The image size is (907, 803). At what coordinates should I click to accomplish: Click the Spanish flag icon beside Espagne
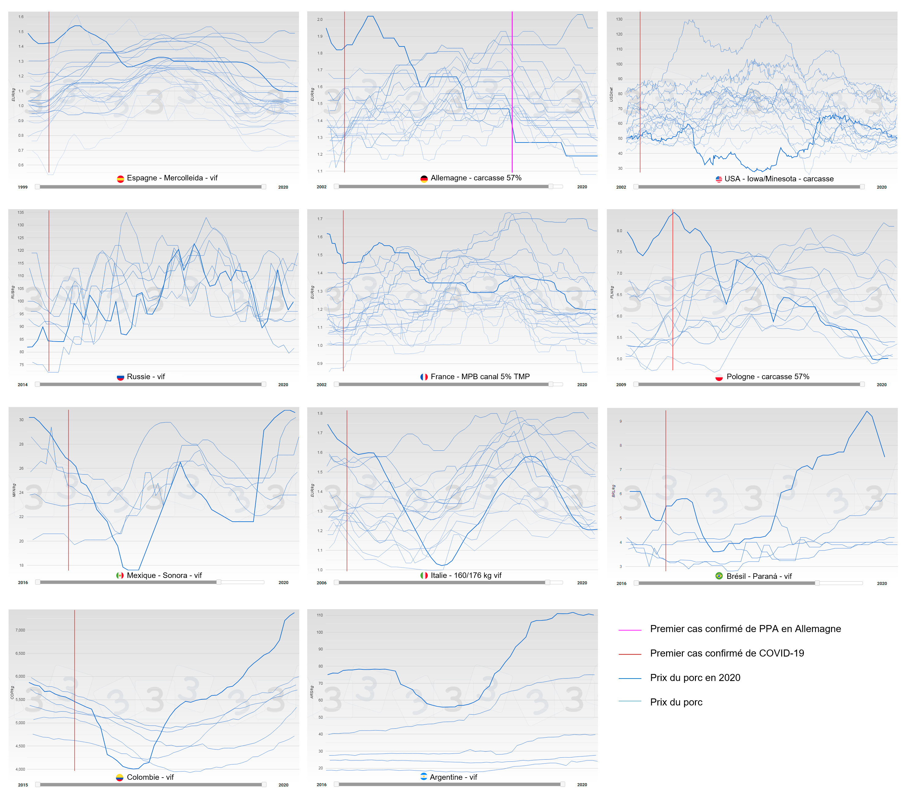click(x=120, y=179)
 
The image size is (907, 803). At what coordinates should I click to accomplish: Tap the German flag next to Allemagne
click(x=424, y=179)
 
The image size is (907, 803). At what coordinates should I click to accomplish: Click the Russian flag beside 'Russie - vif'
click(x=120, y=377)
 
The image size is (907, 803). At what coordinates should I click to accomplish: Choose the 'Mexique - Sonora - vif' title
click(x=164, y=575)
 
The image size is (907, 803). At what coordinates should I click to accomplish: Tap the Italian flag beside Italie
click(x=424, y=575)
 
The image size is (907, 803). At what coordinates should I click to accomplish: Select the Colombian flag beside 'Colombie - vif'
click(x=119, y=777)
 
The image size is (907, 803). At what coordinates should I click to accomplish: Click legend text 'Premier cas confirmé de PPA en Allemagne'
click(x=745, y=629)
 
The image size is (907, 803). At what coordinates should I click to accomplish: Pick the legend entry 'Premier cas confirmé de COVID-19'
click(x=727, y=653)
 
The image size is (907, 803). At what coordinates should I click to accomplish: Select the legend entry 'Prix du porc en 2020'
click(x=695, y=678)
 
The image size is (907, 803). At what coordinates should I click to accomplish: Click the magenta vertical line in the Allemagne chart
click(x=512, y=89)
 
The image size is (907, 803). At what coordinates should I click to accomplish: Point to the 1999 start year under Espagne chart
click(x=23, y=187)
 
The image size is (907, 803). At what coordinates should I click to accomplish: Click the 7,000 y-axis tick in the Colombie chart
click(x=21, y=630)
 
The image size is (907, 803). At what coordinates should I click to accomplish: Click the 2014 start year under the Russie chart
click(x=23, y=385)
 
